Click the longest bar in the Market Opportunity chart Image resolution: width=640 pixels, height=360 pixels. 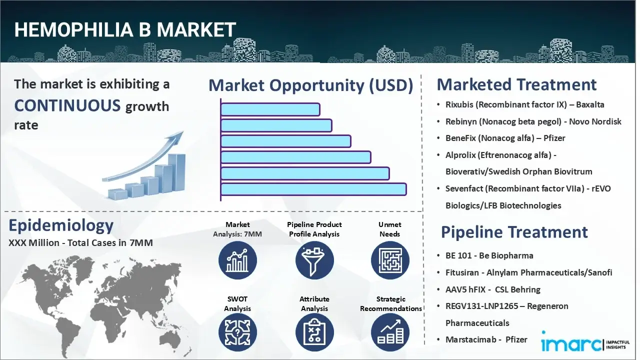point(313,189)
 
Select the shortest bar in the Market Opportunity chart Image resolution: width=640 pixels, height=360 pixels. point(270,109)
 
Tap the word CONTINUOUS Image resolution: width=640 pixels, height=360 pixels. point(67,105)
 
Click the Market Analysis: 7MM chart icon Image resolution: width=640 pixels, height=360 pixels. point(237,260)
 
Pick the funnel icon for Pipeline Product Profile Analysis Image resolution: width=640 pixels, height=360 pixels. point(314,260)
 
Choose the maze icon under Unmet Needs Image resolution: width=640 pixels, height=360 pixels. point(390,260)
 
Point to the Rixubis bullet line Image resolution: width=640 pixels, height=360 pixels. point(524,104)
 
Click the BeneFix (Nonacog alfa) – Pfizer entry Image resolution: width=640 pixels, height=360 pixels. point(505,138)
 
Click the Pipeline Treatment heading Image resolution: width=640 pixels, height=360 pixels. point(514,232)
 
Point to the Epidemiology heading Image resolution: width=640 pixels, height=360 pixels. point(61,225)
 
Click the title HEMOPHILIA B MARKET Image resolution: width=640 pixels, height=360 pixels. point(125,30)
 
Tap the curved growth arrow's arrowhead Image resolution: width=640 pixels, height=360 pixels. point(177,136)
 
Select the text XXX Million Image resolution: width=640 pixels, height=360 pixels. point(30,243)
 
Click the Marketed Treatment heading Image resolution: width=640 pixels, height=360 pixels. point(516,84)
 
